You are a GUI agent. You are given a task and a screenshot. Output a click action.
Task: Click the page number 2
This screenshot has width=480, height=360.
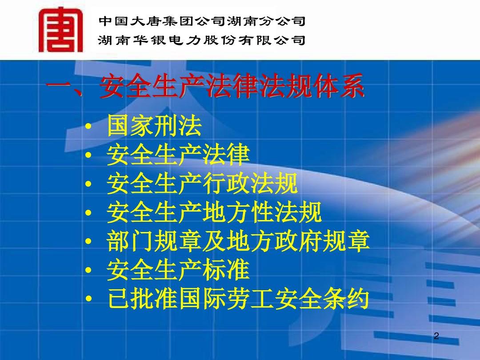click(436, 336)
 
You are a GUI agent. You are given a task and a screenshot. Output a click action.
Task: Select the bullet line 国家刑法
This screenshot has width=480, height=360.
click(154, 125)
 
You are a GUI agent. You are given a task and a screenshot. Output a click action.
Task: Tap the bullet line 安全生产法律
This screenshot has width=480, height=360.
click(178, 154)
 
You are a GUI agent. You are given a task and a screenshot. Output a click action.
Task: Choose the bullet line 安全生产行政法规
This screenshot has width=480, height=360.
click(202, 183)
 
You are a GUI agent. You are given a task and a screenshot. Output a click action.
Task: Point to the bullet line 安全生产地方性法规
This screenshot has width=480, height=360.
click(214, 212)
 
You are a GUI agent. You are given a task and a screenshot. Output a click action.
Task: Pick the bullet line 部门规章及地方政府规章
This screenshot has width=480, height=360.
click(238, 241)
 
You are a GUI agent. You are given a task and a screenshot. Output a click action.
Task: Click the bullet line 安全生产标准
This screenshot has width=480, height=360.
click(178, 270)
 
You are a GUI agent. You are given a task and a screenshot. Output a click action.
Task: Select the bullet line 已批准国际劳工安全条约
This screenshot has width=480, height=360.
click(238, 299)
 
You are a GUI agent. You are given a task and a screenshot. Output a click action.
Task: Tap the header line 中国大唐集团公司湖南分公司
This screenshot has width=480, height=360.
click(202, 21)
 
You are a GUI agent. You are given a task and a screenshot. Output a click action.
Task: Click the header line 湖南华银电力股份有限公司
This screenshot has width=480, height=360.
click(202, 40)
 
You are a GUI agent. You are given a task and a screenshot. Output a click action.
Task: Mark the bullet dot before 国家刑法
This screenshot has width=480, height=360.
click(88, 126)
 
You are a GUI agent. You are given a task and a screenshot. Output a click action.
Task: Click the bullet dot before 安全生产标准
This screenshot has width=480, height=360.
click(88, 270)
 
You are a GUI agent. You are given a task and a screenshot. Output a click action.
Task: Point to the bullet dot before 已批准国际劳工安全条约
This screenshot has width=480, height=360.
click(88, 299)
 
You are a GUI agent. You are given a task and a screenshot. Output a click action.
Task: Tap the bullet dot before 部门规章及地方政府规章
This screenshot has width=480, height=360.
click(88, 241)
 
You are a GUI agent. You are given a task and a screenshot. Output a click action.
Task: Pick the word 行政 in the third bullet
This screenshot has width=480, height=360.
click(226, 183)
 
